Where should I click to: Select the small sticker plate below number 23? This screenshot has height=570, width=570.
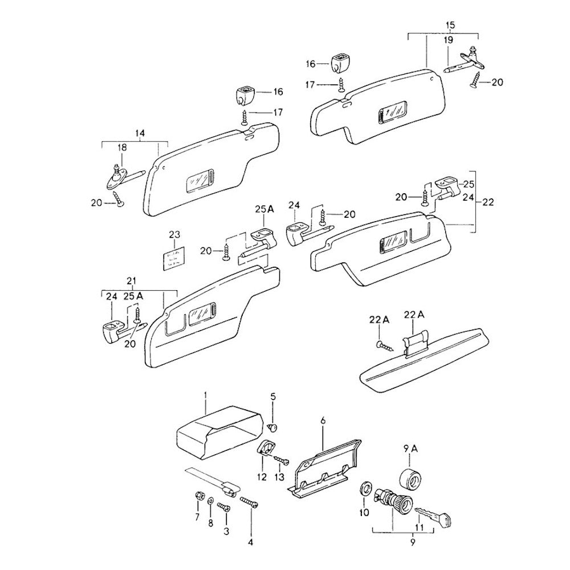tap(174, 258)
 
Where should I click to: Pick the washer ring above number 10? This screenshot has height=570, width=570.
tap(365, 488)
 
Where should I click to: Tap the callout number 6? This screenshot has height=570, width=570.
tap(323, 421)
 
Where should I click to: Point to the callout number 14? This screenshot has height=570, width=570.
tap(140, 133)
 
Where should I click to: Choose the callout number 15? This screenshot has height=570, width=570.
tap(450, 26)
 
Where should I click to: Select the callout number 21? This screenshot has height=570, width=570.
tap(132, 281)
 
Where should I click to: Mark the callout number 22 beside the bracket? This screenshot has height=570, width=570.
tap(488, 202)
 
